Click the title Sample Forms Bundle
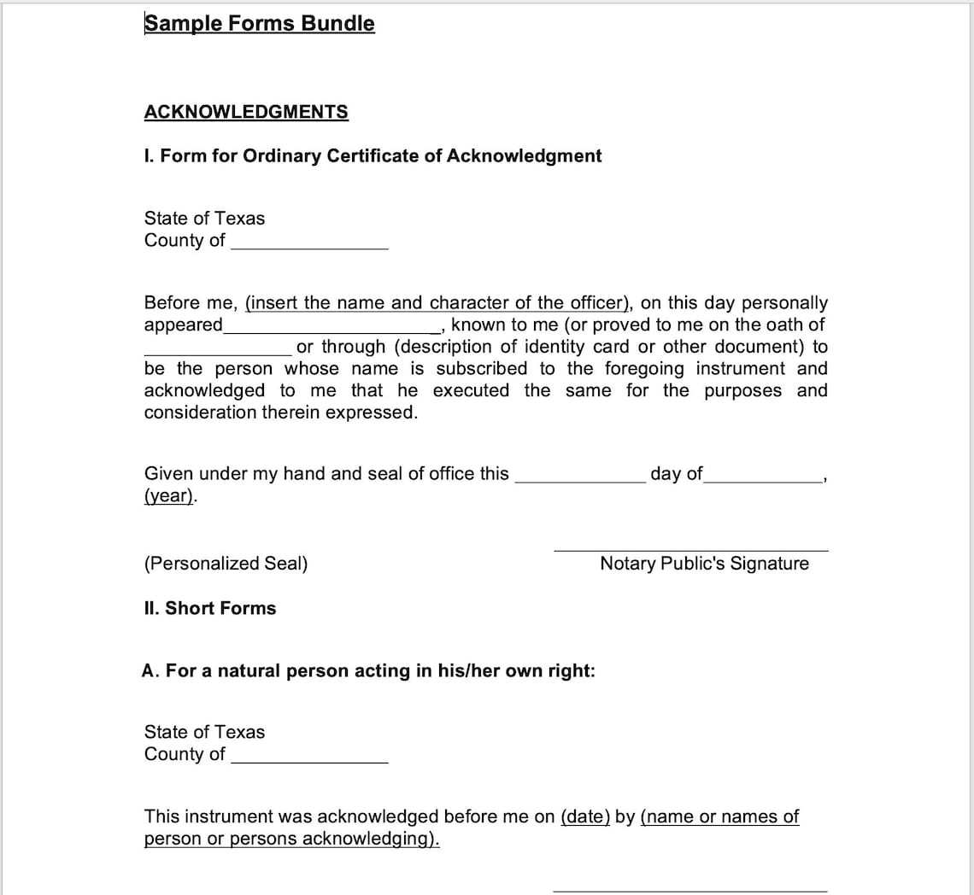point(259,23)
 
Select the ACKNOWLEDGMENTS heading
point(246,112)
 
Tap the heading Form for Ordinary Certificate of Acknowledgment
point(373,155)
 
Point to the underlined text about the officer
point(437,303)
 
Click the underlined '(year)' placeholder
point(169,496)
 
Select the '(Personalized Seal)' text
point(226,564)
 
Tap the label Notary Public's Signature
point(704,564)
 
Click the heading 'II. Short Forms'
point(210,608)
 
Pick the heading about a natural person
point(368,671)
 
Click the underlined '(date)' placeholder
point(585,816)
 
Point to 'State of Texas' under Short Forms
point(204,732)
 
